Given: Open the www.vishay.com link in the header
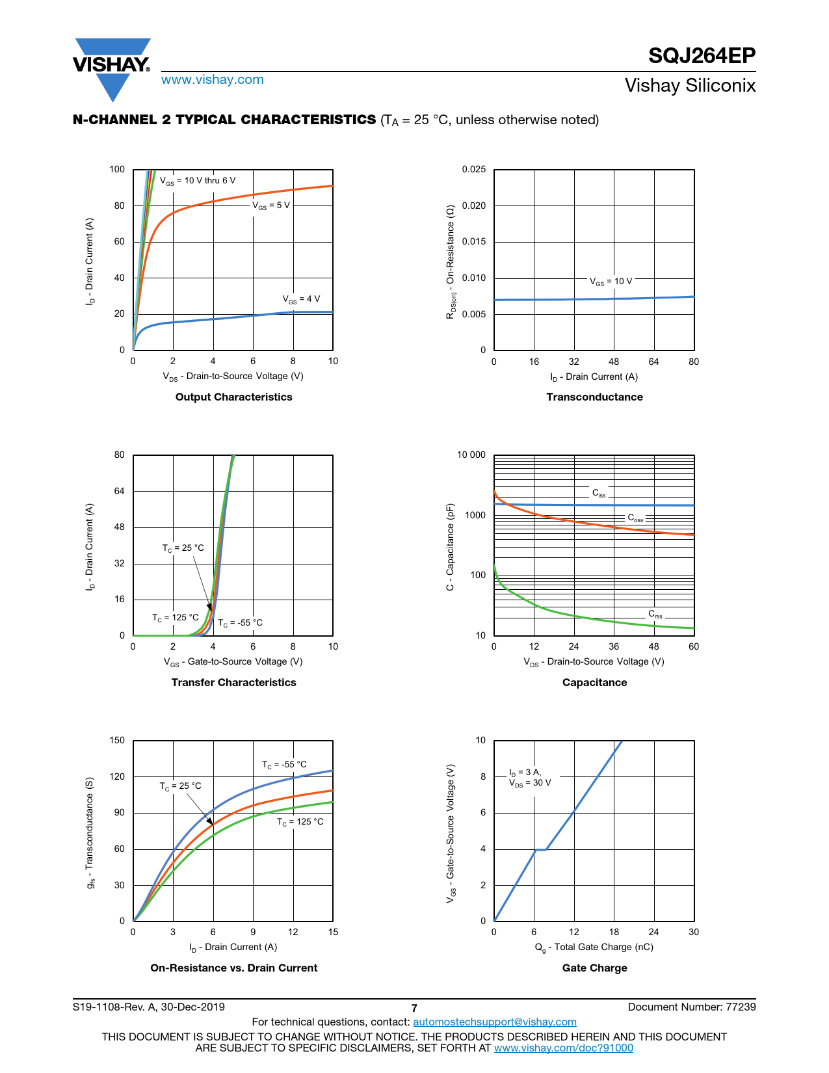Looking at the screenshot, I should (x=212, y=80).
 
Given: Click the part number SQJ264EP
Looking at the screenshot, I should (x=702, y=56).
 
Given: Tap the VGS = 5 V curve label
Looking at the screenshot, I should (x=271, y=205).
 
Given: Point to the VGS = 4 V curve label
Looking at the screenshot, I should (x=301, y=299).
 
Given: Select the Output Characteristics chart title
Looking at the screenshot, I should (x=233, y=397).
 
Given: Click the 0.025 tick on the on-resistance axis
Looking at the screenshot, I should (x=473, y=170).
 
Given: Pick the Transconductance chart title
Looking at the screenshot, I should (x=594, y=397).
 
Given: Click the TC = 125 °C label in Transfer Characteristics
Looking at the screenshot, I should (x=176, y=618).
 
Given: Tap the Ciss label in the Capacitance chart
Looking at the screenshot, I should (x=599, y=494).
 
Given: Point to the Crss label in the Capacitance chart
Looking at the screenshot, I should (x=655, y=614).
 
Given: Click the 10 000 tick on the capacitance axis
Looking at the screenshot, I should (x=471, y=455).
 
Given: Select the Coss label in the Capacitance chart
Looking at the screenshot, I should (x=635, y=518).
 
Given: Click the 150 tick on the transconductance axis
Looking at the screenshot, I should (x=117, y=740).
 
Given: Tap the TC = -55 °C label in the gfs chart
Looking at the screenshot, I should (x=284, y=765).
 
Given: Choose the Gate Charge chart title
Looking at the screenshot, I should (x=594, y=968).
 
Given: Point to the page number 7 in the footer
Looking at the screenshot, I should (x=414, y=1008).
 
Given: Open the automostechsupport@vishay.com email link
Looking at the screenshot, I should (x=495, y=1022).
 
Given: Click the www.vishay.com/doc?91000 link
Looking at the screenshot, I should (x=563, y=1048).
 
